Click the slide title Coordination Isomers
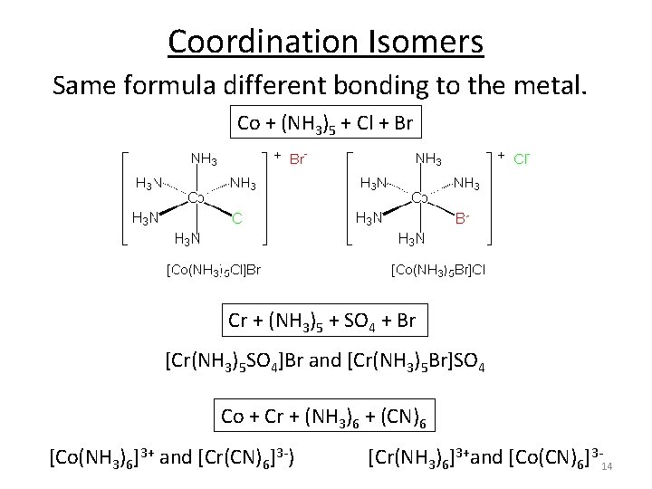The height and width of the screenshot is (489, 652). point(326,42)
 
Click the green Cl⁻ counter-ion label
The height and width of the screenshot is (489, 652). point(522,160)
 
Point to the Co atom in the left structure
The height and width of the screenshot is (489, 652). point(196,198)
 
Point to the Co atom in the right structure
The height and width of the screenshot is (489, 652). point(419,198)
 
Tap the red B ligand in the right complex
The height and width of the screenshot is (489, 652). point(462,218)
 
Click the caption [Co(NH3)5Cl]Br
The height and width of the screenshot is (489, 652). point(213,269)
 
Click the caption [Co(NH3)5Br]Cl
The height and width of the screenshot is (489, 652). point(437,269)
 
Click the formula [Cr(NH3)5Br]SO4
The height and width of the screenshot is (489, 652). point(418,364)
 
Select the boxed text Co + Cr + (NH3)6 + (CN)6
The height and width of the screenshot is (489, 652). point(326,417)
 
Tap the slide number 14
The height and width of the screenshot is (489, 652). point(608,465)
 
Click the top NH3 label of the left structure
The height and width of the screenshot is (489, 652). point(203,160)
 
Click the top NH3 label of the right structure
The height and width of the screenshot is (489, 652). point(427,160)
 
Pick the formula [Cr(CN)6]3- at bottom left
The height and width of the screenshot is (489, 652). point(244,455)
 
